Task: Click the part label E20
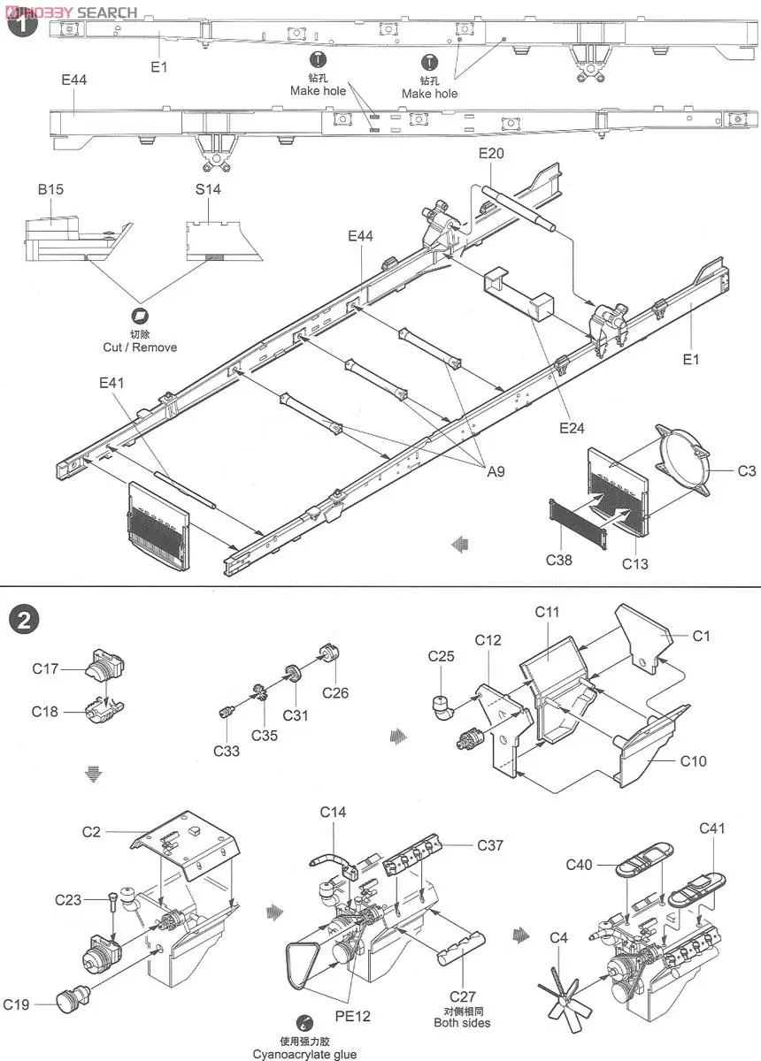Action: point(491,153)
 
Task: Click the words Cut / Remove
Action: point(140,347)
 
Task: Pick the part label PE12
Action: point(352,1016)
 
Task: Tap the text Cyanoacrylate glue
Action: point(304,1054)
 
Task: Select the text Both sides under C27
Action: point(462,1023)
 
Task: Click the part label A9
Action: point(496,472)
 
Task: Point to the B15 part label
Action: point(50,189)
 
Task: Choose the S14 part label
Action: point(208,189)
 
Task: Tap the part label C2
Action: point(92,831)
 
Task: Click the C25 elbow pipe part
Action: point(443,705)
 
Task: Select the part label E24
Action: point(572,429)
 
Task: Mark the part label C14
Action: point(333,812)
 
